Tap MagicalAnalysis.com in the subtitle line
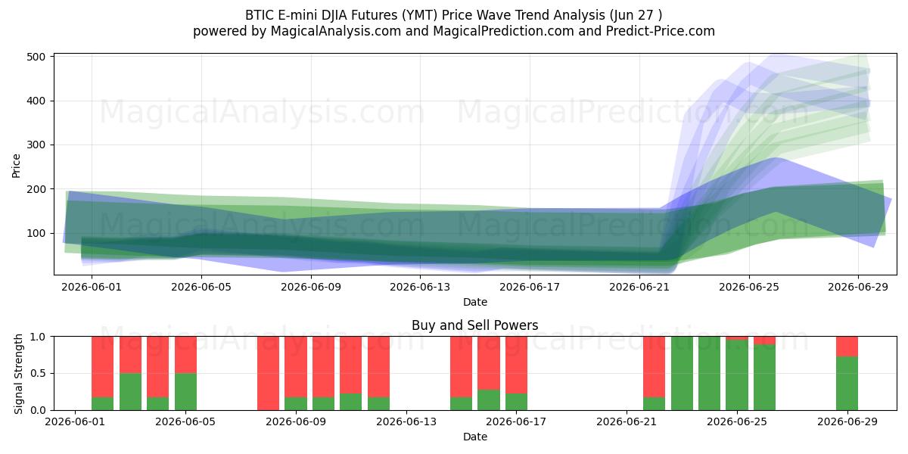click(x=336, y=31)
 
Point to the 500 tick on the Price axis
click(x=36, y=57)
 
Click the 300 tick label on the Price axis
click(x=36, y=145)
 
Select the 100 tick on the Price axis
click(x=36, y=234)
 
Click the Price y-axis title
click(x=16, y=166)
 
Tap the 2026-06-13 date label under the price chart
click(x=420, y=287)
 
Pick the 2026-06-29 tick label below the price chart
click(x=858, y=287)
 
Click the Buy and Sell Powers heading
click(x=474, y=325)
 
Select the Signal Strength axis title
click(x=18, y=374)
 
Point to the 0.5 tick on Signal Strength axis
click(x=38, y=373)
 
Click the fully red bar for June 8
click(x=269, y=373)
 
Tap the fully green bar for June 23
click(x=683, y=373)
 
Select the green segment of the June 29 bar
click(x=847, y=384)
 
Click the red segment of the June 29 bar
click(x=847, y=347)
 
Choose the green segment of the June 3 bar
click(x=130, y=392)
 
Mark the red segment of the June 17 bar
click(x=516, y=365)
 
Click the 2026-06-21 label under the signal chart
click(x=627, y=421)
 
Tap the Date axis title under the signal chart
click(x=475, y=437)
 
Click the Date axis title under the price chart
click(x=475, y=302)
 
